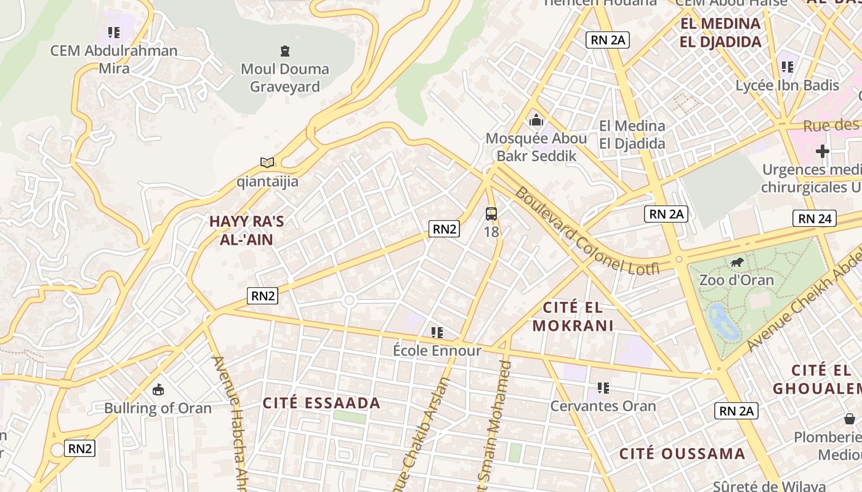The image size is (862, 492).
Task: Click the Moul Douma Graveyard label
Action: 284,77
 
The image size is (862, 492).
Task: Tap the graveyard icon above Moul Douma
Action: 284,50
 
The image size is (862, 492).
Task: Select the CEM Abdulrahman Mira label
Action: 114,59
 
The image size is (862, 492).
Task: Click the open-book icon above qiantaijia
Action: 267,162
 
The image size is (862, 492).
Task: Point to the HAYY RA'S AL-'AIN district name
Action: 246,230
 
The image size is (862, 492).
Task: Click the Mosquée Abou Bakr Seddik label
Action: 536,147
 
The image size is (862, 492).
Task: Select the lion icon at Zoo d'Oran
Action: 736,263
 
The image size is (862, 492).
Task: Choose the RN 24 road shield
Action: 815,218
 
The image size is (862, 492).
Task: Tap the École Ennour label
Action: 437,351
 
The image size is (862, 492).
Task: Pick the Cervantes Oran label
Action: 603,406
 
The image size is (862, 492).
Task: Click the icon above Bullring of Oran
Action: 158,389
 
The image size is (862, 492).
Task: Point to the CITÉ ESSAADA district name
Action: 321,403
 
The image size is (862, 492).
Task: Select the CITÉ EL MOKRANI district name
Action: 573,316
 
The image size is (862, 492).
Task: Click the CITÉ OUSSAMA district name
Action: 682,454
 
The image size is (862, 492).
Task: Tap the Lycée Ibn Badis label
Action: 787,85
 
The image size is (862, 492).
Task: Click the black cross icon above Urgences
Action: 823,151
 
